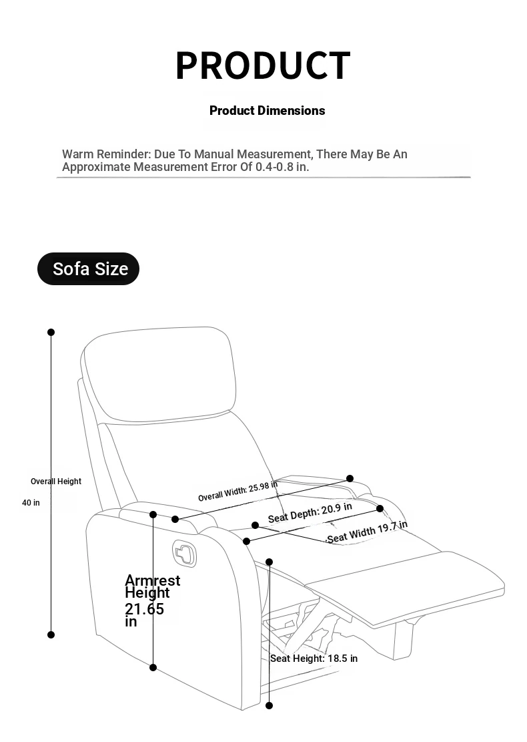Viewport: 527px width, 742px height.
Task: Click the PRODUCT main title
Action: [x=263, y=65]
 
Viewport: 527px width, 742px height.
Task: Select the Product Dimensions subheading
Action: [x=267, y=111]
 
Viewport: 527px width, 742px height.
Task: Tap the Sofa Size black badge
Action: [x=88, y=268]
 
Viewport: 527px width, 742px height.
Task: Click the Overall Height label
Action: [x=56, y=482]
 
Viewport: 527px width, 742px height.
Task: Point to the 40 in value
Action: [x=31, y=502]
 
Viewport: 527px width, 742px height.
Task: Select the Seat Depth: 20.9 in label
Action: [x=310, y=513]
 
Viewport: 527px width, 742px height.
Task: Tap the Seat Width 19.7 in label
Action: [x=368, y=532]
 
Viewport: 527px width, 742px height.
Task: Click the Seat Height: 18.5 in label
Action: [x=314, y=659]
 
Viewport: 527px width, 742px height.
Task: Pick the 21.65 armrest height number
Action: [x=144, y=609]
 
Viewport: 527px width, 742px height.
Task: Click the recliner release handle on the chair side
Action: [x=184, y=553]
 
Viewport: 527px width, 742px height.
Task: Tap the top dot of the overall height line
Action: [x=51, y=332]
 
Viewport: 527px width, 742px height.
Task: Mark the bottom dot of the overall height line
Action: [x=51, y=634]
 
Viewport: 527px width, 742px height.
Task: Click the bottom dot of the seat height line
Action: [x=270, y=705]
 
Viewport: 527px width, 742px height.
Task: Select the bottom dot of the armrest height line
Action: [x=153, y=667]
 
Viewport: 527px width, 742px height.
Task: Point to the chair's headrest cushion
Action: [x=159, y=374]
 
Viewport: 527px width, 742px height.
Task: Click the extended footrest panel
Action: [x=406, y=587]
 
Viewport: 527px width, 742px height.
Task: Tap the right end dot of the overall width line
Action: [x=350, y=478]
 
